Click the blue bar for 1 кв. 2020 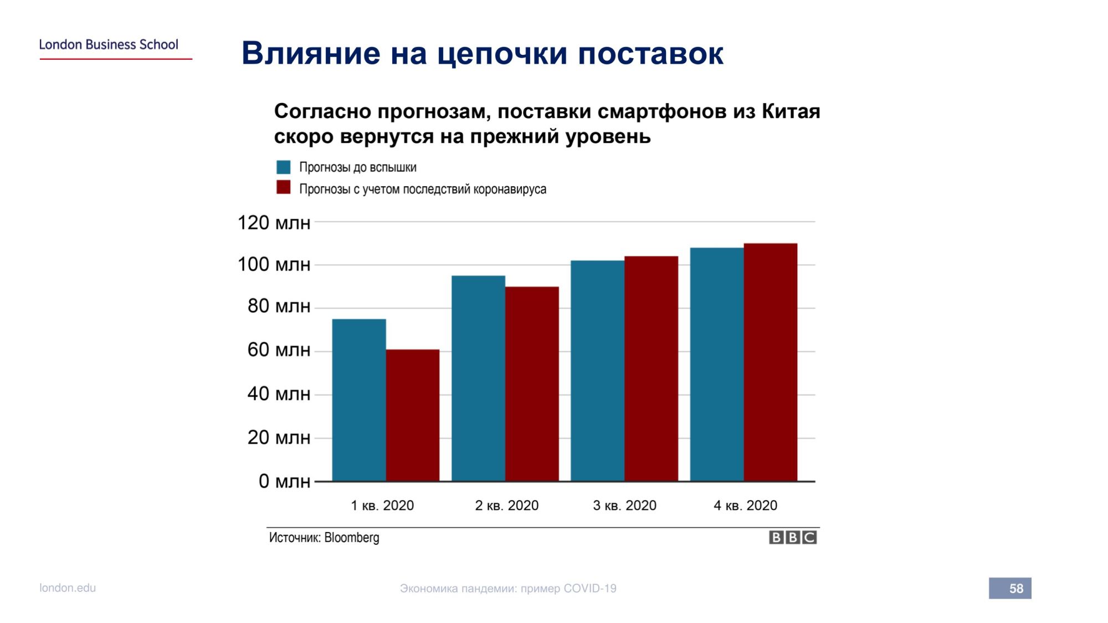tap(359, 400)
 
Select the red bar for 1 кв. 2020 tap(413, 415)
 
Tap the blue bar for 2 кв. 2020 tap(478, 378)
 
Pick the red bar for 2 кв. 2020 tap(532, 384)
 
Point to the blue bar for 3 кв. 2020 tap(598, 371)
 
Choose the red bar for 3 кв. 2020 tap(652, 369)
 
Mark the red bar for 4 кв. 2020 tap(771, 362)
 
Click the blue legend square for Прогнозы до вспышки tap(284, 167)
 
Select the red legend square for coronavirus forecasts tap(284, 188)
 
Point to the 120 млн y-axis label tap(274, 223)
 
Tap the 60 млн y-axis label tap(279, 350)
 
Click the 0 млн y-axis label tap(284, 481)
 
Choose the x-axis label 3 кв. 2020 tap(624, 506)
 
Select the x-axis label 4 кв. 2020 tap(745, 506)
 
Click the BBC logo tap(793, 537)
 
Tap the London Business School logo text tap(109, 44)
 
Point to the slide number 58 tap(1016, 589)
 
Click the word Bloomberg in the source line tap(352, 538)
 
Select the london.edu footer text tap(68, 588)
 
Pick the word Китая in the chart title tap(791, 111)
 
